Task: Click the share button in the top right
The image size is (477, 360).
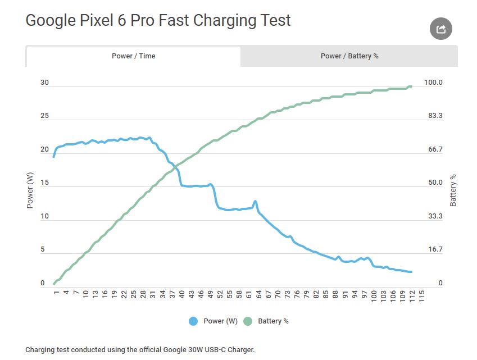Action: click(441, 29)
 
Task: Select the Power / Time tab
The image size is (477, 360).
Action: click(133, 56)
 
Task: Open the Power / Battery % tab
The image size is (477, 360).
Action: click(349, 56)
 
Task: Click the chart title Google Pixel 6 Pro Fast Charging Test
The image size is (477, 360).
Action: click(158, 21)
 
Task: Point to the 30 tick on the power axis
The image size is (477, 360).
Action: click(44, 83)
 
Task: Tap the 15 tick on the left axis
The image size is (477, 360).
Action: click(44, 183)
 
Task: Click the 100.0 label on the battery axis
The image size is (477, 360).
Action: click(433, 83)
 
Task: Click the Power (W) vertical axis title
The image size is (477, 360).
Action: click(30, 189)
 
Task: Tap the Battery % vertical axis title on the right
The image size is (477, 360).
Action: click(453, 190)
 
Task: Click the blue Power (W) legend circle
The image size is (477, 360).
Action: click(194, 321)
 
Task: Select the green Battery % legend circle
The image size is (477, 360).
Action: click(248, 321)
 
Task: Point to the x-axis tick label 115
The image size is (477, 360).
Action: click(421, 295)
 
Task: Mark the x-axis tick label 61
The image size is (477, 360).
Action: click(249, 294)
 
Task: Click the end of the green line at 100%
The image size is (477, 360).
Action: click(411, 86)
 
